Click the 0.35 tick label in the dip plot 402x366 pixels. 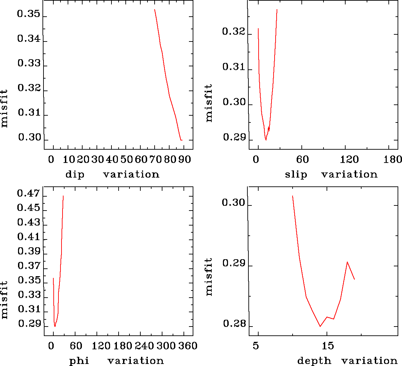(x=29, y=15)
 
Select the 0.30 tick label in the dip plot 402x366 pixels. (x=29, y=137)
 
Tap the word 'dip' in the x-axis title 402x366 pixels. (x=75, y=174)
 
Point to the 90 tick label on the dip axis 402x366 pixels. (x=185, y=160)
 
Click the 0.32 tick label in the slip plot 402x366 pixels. (x=233, y=32)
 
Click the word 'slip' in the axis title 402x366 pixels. (x=296, y=174)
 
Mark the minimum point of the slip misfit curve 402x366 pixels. (x=266, y=140)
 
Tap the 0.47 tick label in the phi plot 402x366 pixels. (x=29, y=194)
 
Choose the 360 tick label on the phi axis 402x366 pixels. (x=188, y=346)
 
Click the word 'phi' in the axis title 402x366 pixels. (x=79, y=361)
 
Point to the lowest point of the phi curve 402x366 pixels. (x=55, y=327)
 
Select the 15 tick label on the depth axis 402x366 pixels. (x=328, y=346)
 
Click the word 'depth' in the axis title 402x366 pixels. (x=314, y=361)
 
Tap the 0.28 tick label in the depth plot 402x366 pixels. (x=234, y=324)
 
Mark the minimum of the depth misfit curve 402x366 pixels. (x=320, y=327)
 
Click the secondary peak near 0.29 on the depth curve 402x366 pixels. (x=347, y=262)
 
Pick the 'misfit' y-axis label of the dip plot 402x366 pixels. (x=4, y=109)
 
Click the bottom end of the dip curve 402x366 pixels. (x=181, y=140)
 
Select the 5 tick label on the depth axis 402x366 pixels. (x=256, y=346)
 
